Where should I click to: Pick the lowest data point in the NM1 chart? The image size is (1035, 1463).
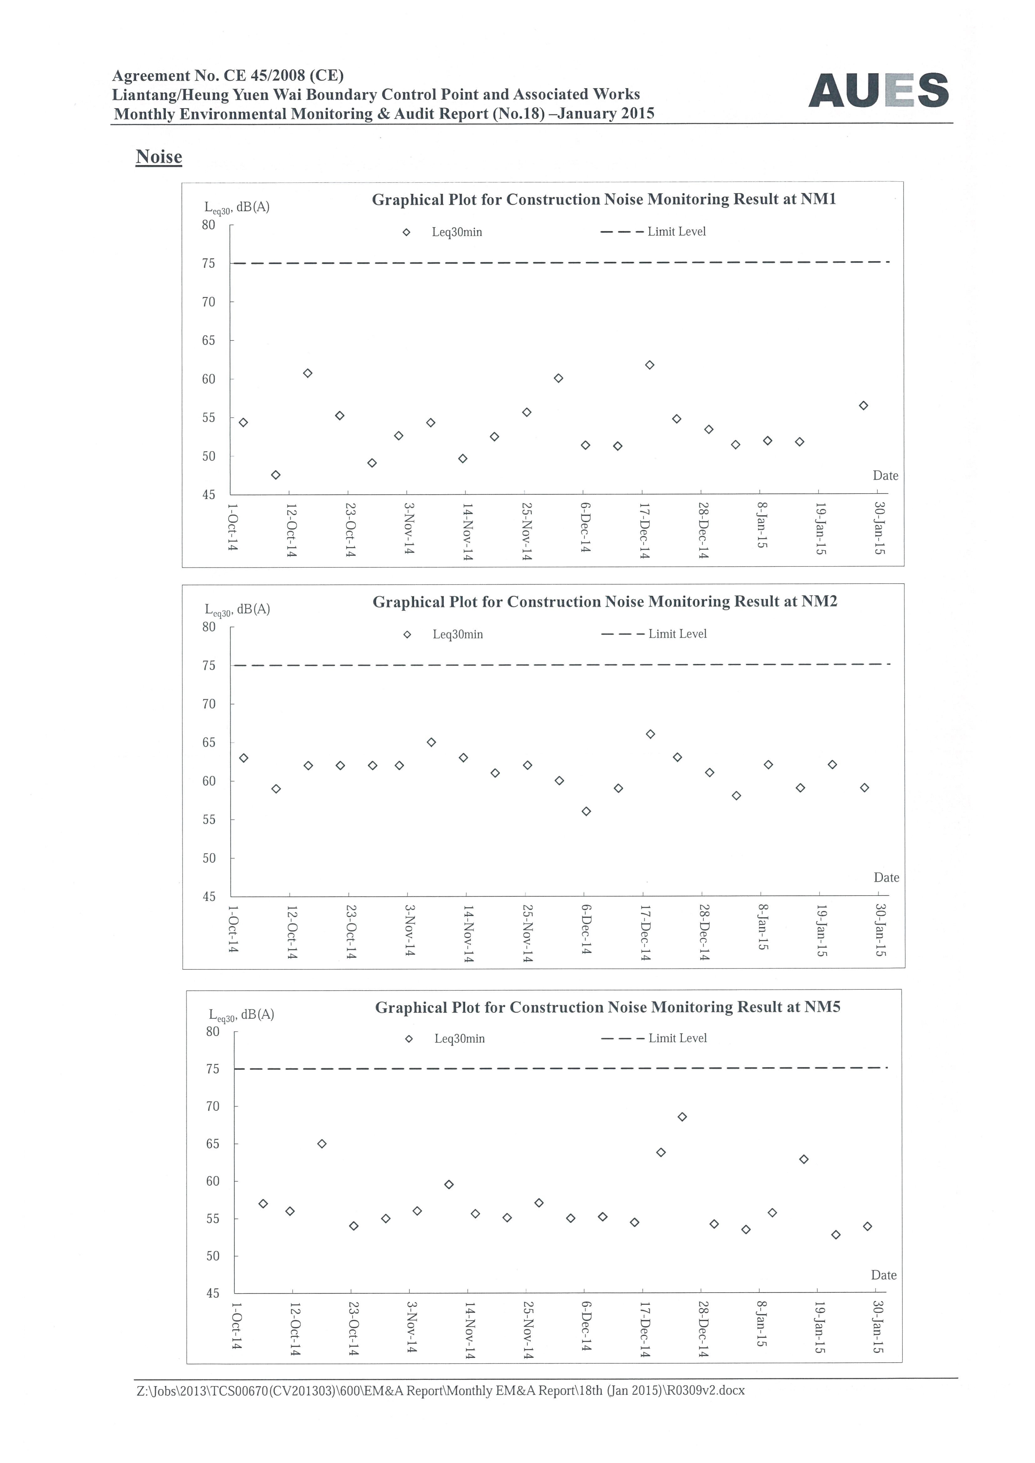pyautogui.click(x=275, y=475)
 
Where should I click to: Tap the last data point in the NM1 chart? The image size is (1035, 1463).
pyautogui.click(x=864, y=405)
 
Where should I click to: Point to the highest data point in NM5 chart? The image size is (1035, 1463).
pyautogui.click(x=682, y=1116)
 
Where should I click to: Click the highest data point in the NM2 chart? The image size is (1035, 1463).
pyautogui.click(x=650, y=734)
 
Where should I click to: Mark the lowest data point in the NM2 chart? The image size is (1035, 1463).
pyautogui.click(x=586, y=811)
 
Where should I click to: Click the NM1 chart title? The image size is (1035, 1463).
pyautogui.click(x=603, y=199)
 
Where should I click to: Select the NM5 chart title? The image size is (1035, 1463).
pyautogui.click(x=607, y=1007)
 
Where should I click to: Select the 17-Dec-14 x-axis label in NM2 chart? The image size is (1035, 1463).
pyautogui.click(x=645, y=932)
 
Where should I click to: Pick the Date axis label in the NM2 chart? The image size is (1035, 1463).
pyautogui.click(x=886, y=877)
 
